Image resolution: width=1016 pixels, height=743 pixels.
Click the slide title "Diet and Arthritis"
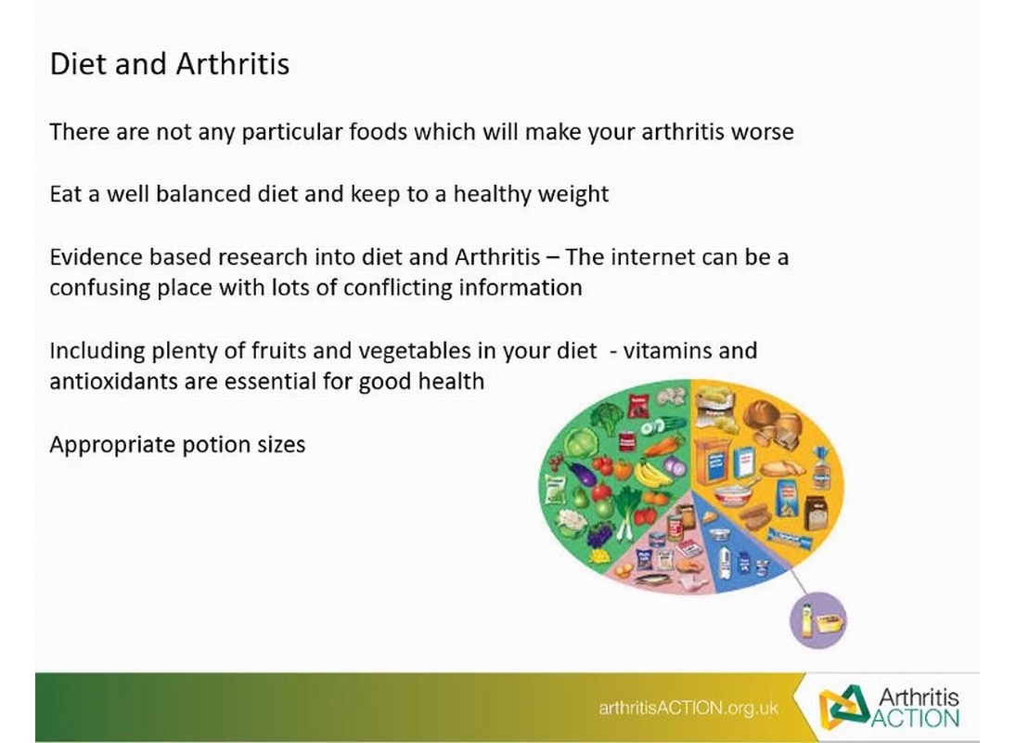(x=170, y=64)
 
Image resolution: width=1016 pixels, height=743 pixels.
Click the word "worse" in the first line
(x=762, y=132)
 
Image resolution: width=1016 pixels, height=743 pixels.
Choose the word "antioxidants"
(x=113, y=381)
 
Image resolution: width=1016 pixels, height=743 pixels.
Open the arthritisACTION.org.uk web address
(x=688, y=708)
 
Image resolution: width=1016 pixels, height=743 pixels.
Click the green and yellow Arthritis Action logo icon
(x=844, y=707)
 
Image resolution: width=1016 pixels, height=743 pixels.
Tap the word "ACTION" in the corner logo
(x=915, y=718)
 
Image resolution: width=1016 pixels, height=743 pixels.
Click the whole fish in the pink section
(x=659, y=579)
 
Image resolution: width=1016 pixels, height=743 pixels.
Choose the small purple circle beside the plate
(x=817, y=619)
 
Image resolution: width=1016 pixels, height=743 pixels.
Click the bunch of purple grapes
(x=600, y=536)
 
